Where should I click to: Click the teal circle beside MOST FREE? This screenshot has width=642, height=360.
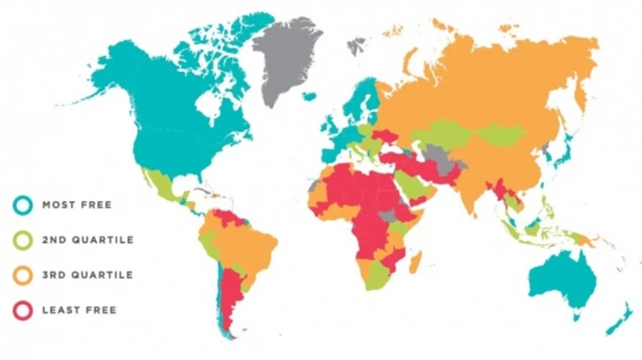tap(23, 205)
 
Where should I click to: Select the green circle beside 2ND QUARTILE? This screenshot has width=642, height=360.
tap(23, 240)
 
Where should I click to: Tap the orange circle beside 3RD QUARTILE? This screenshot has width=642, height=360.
tap(23, 275)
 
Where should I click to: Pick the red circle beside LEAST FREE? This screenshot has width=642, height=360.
tap(23, 310)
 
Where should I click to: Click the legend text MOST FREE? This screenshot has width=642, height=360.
tap(77, 205)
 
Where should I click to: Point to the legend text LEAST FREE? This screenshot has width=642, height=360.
tap(79, 310)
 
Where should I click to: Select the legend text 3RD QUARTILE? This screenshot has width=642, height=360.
tap(88, 275)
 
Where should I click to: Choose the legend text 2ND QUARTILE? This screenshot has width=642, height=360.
tap(88, 240)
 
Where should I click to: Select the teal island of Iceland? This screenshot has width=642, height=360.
tap(309, 96)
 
